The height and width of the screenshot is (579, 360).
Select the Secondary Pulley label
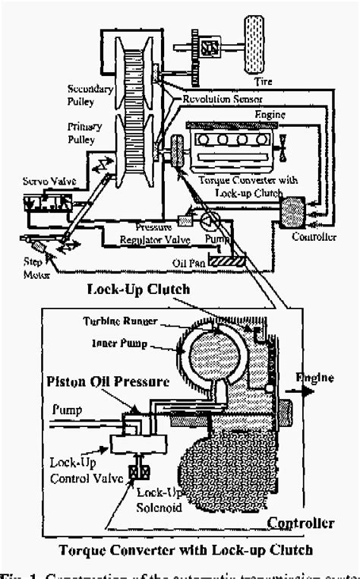(90, 93)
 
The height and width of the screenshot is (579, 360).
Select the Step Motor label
(30, 267)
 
